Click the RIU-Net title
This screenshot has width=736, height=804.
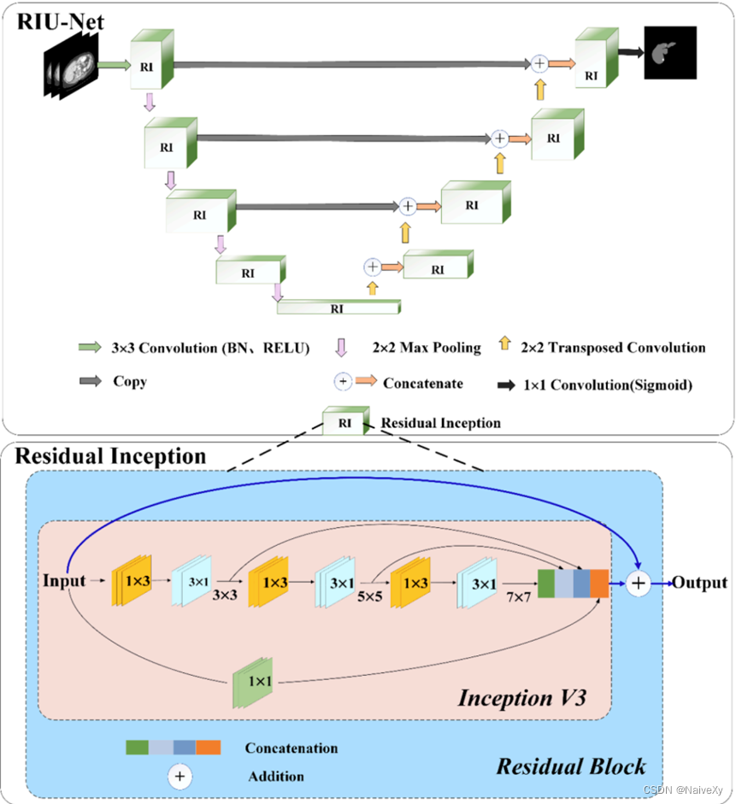point(60,21)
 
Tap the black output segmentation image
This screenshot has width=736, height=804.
point(670,52)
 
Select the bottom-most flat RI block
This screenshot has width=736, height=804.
point(339,308)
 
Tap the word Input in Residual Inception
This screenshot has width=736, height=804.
point(64,581)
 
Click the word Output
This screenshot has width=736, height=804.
point(699,583)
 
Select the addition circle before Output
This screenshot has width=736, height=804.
point(639,583)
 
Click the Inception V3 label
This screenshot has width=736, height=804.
point(522,697)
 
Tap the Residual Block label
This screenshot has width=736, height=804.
point(571,765)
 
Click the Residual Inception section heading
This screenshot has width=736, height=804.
point(111,456)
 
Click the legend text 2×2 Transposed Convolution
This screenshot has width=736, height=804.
point(613,348)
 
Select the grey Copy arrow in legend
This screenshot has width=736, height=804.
point(90,381)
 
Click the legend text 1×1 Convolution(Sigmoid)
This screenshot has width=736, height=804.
point(608,385)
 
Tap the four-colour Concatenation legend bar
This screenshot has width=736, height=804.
point(173,748)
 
